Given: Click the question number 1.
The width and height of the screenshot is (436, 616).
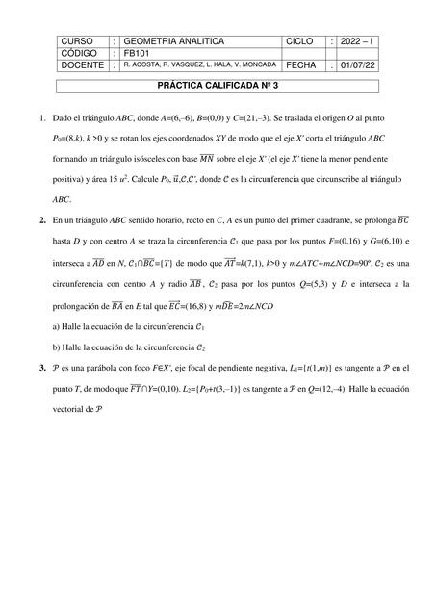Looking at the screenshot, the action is coord(42,118).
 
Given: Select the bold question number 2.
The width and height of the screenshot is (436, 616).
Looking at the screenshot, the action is coord(42,220).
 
